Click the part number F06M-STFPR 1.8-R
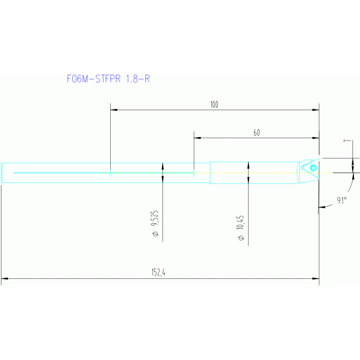(x=108, y=79)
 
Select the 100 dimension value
(x=214, y=105)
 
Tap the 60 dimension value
(x=257, y=133)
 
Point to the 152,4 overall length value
(x=158, y=273)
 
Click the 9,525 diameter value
(x=155, y=219)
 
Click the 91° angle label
(x=342, y=200)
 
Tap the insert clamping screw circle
(x=313, y=167)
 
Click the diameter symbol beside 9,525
(x=155, y=233)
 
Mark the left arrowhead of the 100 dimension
(x=113, y=110)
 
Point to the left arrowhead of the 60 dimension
(x=197, y=138)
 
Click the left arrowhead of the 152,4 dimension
(x=4, y=279)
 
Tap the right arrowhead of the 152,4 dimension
(x=316, y=279)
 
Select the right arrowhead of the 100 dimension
(x=316, y=110)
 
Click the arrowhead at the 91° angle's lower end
(x=321, y=206)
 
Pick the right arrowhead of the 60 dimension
(x=316, y=138)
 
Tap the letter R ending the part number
(x=147, y=79)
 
